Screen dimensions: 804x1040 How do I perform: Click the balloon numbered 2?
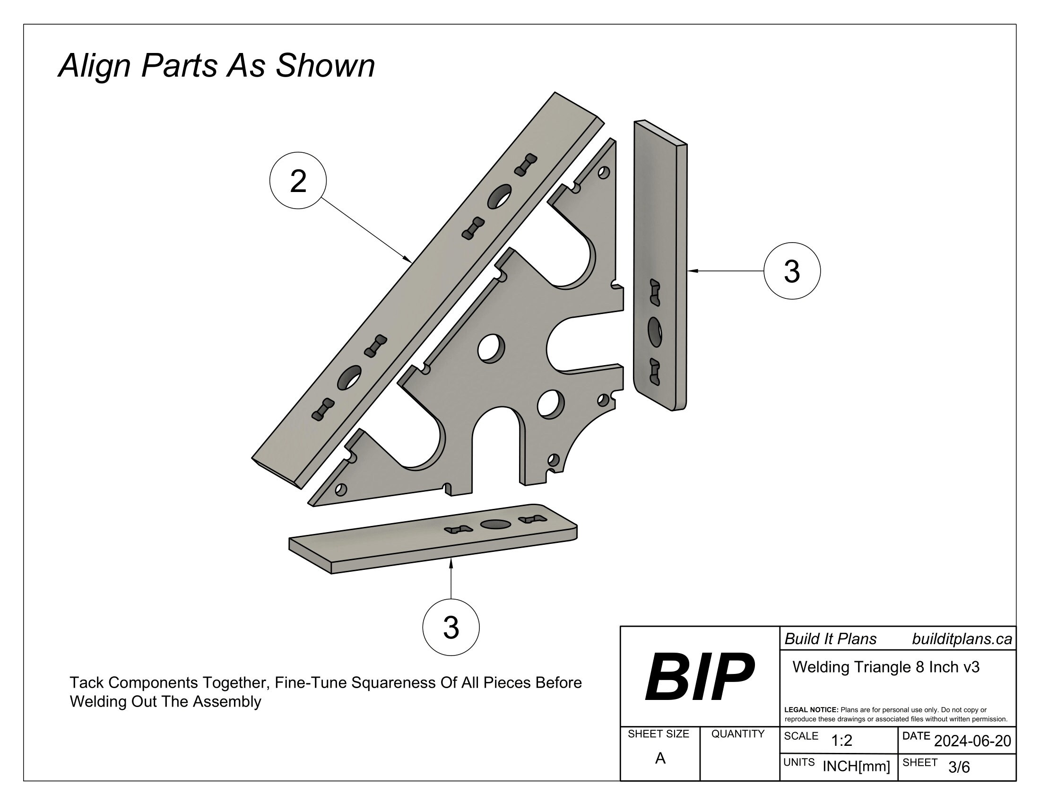coord(298,181)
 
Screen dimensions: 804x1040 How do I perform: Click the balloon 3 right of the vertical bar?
coord(791,271)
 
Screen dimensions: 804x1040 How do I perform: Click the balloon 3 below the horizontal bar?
coord(451,627)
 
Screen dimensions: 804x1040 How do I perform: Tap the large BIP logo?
coord(699,677)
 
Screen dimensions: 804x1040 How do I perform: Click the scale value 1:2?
coord(841,741)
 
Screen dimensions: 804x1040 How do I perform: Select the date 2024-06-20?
coord(972,741)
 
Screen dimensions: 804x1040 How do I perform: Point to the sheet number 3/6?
coord(959,767)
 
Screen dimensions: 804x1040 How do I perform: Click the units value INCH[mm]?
coord(856,766)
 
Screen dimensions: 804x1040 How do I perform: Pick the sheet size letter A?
coord(660,758)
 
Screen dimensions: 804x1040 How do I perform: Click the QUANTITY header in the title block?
coord(737,734)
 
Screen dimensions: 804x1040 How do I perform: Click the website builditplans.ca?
coord(962,639)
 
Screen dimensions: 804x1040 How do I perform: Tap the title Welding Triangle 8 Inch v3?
coord(886,667)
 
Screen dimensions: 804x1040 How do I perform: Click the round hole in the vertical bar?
coord(655,332)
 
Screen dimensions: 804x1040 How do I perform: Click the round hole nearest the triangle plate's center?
coord(491,348)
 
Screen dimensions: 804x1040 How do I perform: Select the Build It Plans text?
coord(831,639)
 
